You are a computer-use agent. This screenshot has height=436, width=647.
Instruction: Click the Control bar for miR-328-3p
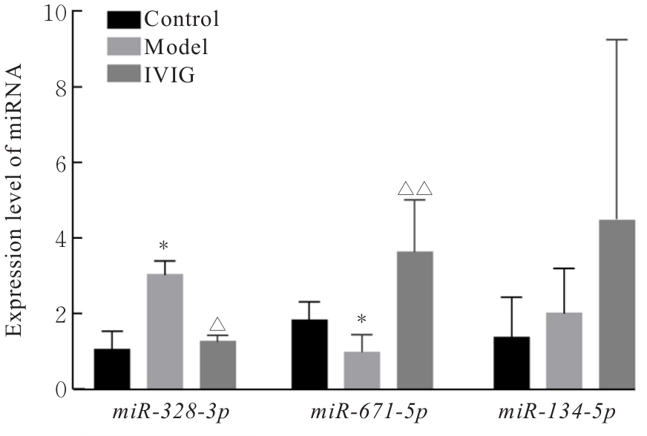(112, 369)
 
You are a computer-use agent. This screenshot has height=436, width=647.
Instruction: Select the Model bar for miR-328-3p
(165, 331)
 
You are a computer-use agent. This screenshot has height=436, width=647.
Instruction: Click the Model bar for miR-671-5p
(362, 370)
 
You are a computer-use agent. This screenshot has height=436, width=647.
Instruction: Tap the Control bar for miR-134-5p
(512, 363)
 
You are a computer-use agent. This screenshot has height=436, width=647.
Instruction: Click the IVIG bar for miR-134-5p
(617, 304)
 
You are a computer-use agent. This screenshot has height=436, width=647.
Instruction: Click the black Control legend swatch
(123, 19)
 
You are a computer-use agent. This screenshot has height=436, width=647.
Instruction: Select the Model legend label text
(176, 46)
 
